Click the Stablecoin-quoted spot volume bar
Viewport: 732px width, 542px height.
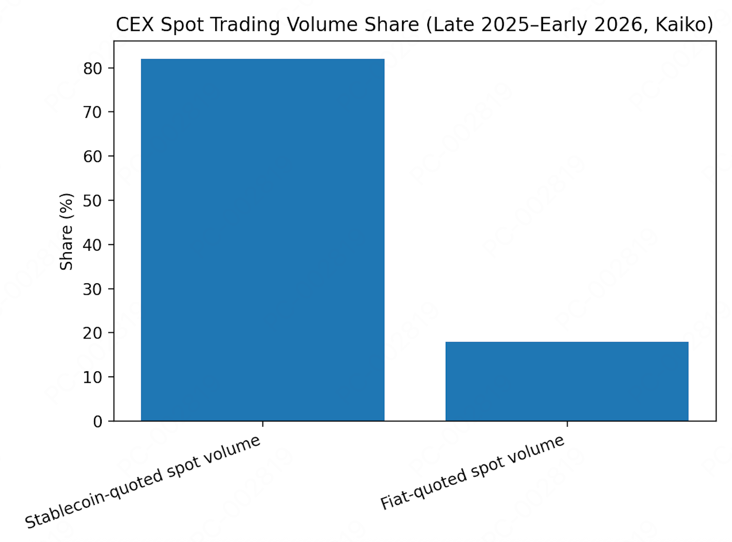(263, 240)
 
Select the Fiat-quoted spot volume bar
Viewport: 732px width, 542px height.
(567, 381)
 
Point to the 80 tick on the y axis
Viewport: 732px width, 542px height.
(93, 69)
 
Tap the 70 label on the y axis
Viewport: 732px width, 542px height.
(93, 113)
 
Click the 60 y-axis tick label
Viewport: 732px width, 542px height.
(93, 157)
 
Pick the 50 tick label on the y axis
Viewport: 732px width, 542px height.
(93, 201)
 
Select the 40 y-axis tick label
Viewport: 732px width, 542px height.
(93, 245)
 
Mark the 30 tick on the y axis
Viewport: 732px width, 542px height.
(93, 289)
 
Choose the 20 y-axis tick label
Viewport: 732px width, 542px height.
(93, 333)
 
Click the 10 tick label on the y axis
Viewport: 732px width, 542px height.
(93, 377)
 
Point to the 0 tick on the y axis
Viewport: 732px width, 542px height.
(98, 421)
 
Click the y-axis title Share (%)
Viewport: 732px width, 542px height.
(66, 231)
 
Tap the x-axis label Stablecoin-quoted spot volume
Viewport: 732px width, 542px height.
(143, 482)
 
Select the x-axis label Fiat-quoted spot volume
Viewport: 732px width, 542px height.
(472, 473)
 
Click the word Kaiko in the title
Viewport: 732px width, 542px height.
(684, 25)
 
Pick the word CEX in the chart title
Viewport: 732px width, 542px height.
(135, 25)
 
